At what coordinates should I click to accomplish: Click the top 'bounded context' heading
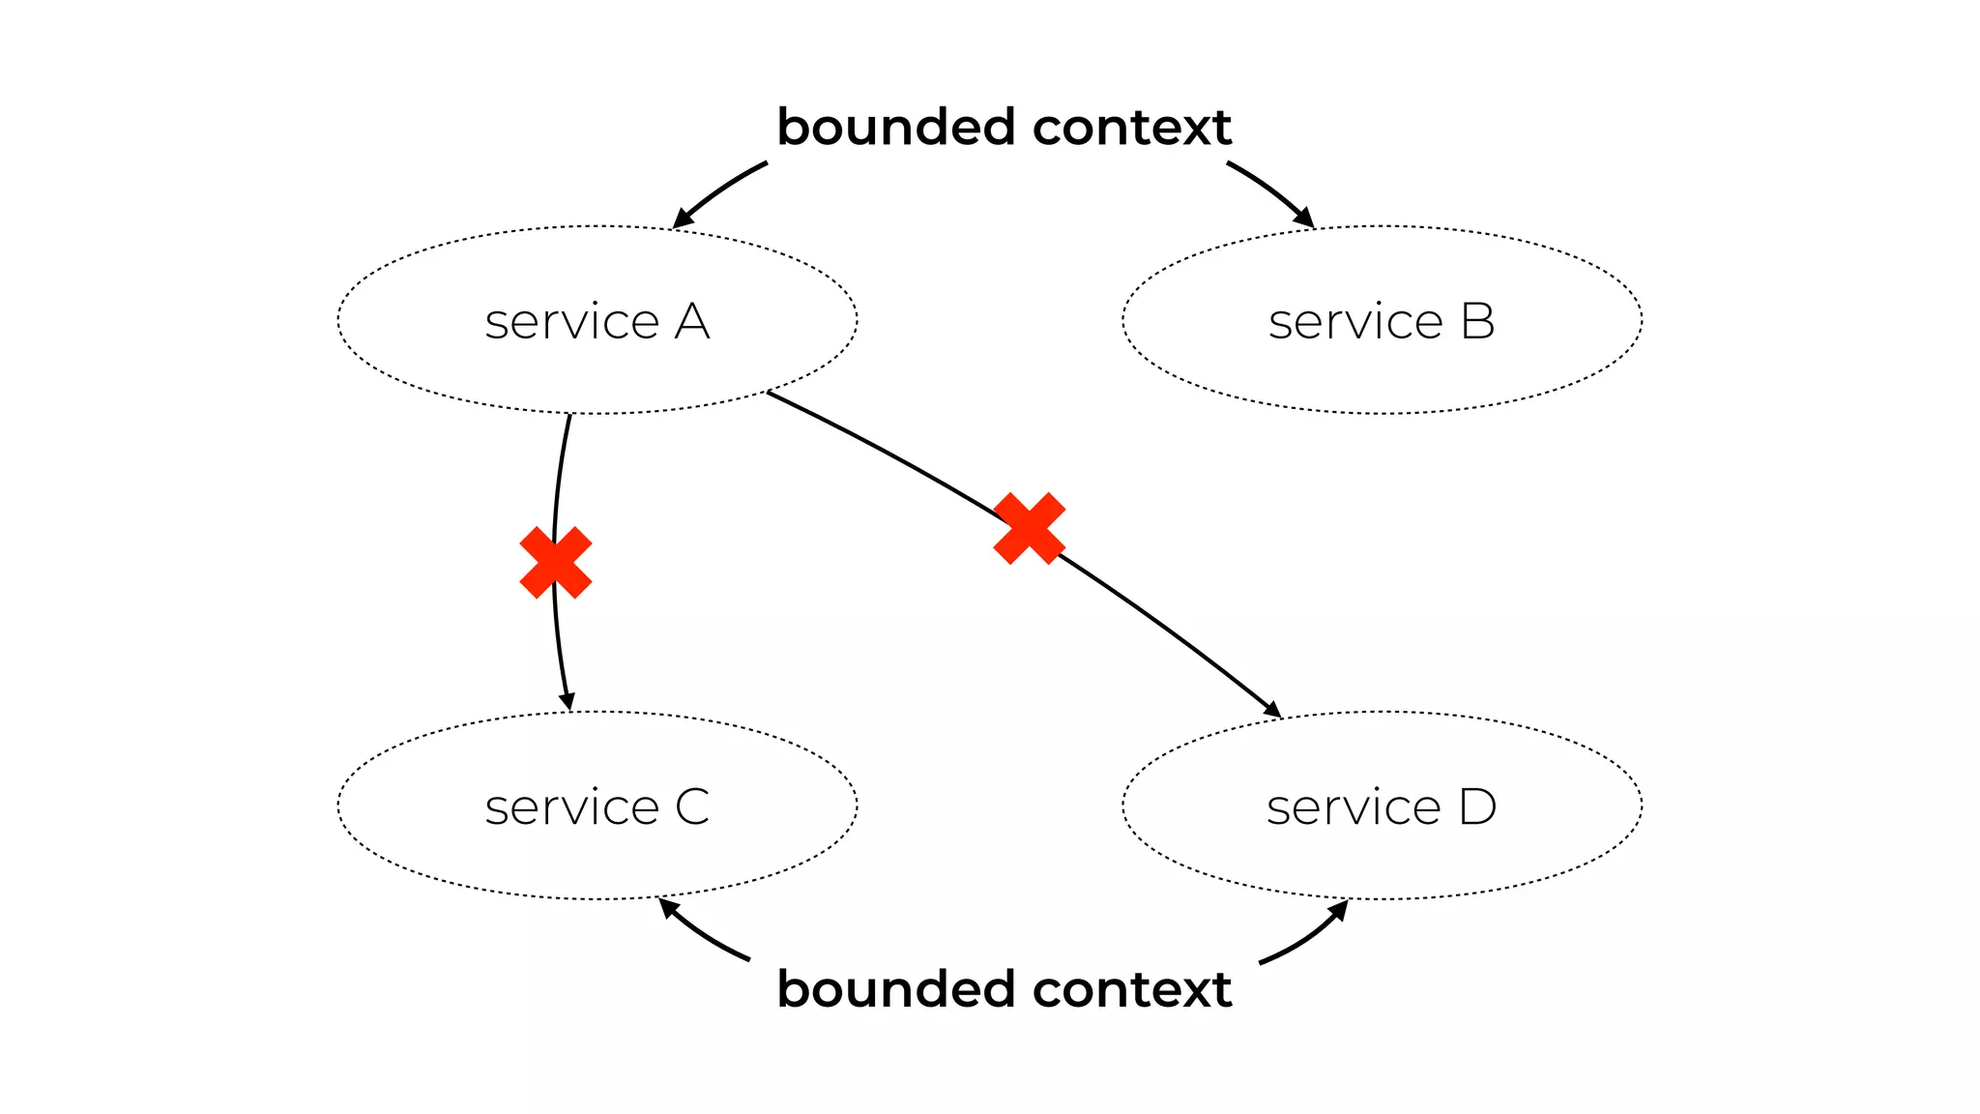click(1004, 128)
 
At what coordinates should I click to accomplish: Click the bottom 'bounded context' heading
click(1004, 989)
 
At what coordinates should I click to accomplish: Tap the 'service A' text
click(597, 321)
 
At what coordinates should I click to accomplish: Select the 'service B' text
click(1381, 321)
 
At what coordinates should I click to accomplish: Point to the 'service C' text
click(597, 806)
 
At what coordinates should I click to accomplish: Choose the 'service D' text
click(1381, 806)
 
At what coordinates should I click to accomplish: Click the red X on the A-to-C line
click(556, 563)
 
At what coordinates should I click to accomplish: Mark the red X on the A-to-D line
click(1030, 528)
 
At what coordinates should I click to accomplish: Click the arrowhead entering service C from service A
click(568, 701)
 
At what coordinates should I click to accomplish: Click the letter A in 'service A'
click(692, 321)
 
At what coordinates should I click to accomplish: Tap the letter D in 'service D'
click(1477, 806)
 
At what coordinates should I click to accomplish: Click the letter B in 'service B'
click(1477, 321)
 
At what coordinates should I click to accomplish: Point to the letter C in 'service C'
click(692, 806)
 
